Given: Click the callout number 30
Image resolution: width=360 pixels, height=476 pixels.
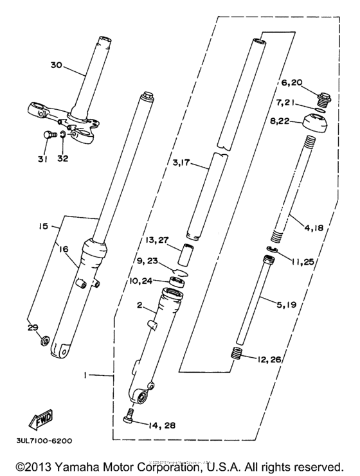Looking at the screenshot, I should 58,64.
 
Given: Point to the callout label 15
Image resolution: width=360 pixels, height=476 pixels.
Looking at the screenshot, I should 43,227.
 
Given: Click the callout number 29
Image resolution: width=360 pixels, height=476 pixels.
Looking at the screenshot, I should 33,327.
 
